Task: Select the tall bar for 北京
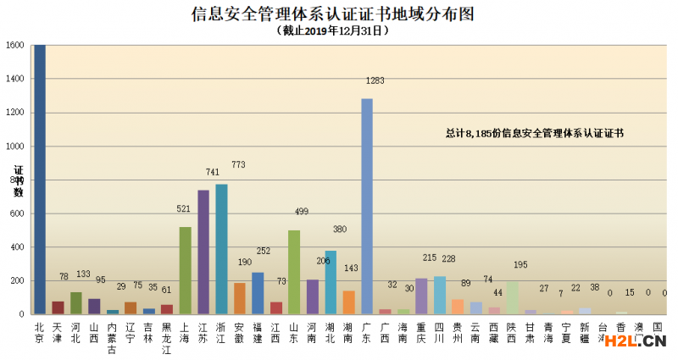tap(39, 178)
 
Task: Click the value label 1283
tap(375, 81)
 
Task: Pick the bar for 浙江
tap(221, 249)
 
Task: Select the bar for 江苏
tap(203, 252)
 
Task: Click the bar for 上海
tap(185, 270)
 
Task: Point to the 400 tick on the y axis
tap(16, 247)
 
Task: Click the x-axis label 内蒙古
tap(112, 336)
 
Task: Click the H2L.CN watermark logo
tap(632, 341)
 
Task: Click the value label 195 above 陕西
tap(520, 265)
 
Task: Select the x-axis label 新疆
tap(586, 331)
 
